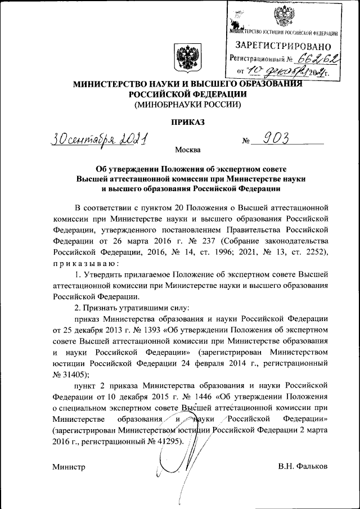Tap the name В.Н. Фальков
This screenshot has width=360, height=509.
pyautogui.click(x=303, y=467)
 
